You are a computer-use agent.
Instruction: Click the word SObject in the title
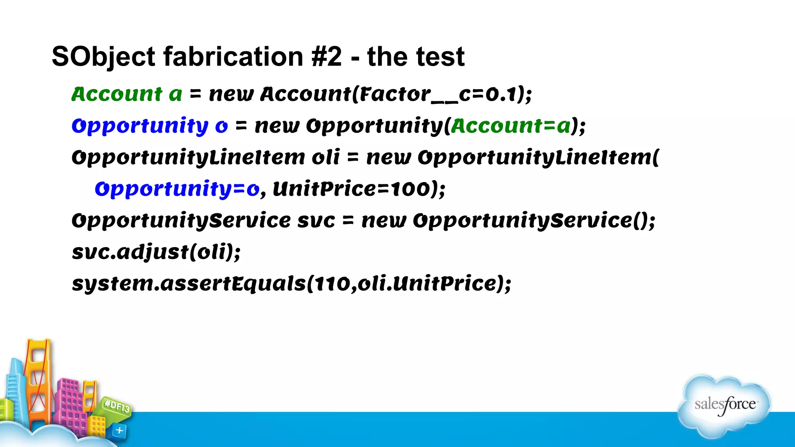click(x=103, y=57)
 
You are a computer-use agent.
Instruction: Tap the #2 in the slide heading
click(x=326, y=57)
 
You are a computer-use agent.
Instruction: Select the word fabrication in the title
click(x=233, y=57)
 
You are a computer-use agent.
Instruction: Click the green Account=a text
click(x=510, y=126)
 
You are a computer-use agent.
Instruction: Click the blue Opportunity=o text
click(x=177, y=189)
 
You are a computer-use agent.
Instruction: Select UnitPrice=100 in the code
click(x=351, y=189)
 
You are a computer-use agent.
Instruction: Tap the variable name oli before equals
click(x=326, y=158)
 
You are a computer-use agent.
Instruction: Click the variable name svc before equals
click(x=316, y=221)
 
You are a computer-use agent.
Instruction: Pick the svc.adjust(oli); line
click(x=156, y=252)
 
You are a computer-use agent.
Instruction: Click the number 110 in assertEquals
click(x=332, y=284)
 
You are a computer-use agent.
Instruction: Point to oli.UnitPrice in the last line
click(x=427, y=284)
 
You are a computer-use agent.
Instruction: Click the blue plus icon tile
click(x=119, y=430)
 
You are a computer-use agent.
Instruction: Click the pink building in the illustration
click(x=70, y=404)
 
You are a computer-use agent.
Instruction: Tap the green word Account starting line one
click(x=117, y=94)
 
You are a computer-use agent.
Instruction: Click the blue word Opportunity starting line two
click(x=140, y=126)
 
